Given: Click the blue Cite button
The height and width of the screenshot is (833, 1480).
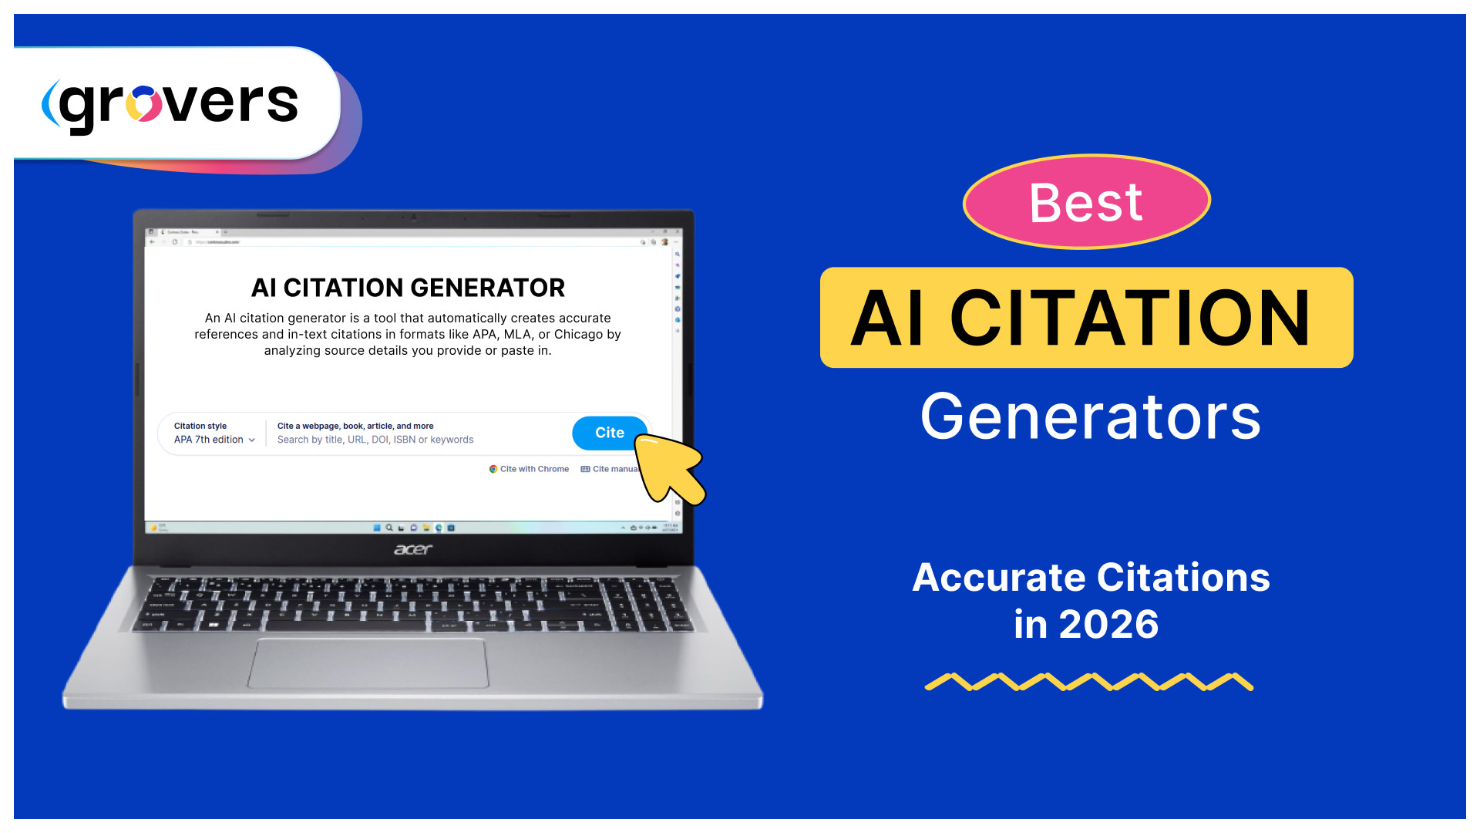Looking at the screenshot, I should [x=608, y=433].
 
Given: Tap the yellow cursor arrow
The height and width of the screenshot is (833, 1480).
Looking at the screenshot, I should [x=669, y=468].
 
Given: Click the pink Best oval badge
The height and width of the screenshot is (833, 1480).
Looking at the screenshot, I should [x=1086, y=202].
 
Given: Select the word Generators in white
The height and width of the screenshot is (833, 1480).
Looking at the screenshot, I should [x=1090, y=417].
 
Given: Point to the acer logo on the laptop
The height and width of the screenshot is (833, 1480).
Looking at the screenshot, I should [x=413, y=549].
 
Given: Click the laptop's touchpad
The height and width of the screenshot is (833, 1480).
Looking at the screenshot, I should [x=368, y=663].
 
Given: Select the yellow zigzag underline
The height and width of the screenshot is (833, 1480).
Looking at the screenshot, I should [x=1088, y=682].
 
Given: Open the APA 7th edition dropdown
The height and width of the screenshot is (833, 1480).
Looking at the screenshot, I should [x=214, y=440].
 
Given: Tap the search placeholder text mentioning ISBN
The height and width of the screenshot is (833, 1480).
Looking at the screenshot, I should [x=375, y=440].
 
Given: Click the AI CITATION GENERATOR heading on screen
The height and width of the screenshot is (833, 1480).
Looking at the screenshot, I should [x=408, y=288].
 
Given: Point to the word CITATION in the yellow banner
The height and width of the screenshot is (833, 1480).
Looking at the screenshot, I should [x=1129, y=319].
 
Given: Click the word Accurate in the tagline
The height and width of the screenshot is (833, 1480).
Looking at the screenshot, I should [x=999, y=578].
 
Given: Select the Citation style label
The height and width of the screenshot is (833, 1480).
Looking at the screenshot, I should [x=200, y=426].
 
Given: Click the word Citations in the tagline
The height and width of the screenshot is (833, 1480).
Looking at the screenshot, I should [x=1183, y=578].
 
